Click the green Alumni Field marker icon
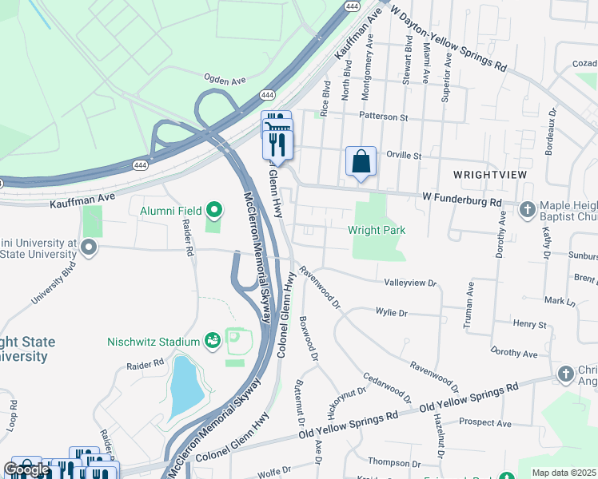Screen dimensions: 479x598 [214, 211]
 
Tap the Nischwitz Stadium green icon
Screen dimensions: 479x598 [213, 341]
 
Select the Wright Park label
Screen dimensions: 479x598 [377, 230]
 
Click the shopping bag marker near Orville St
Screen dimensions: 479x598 [361, 161]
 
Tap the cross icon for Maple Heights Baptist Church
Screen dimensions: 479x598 [527, 210]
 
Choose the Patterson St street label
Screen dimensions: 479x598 [384, 117]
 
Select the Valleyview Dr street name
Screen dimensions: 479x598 [410, 283]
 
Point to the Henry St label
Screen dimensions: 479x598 [529, 325]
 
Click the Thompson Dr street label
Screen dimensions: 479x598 [394, 462]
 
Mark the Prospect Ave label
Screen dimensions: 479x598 [484, 422]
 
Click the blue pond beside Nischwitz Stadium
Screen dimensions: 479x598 [183, 387]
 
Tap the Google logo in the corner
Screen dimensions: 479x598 [27, 469]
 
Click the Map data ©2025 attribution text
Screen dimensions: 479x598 [564, 473]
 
